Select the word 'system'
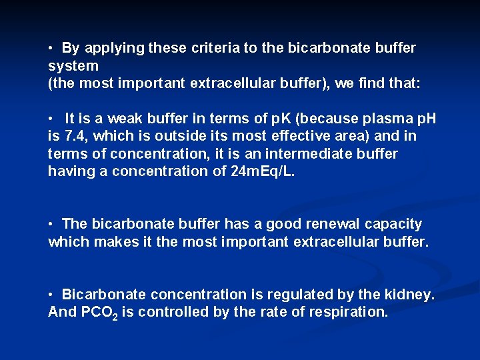point(73,66)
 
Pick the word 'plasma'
point(376,119)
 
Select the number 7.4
point(73,136)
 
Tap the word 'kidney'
point(411,295)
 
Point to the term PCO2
point(99,313)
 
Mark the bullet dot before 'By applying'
point(51,49)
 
